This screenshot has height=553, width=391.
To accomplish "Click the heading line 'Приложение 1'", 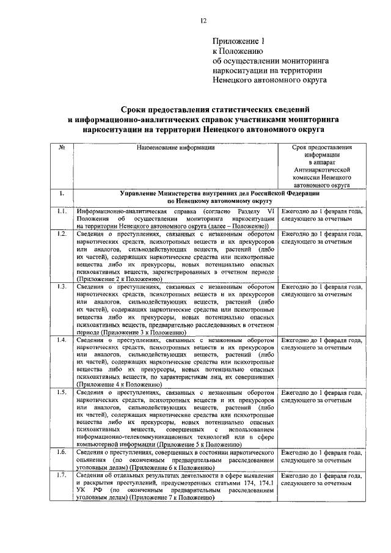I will (x=239, y=42).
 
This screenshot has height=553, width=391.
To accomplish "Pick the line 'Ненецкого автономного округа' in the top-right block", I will (x=269, y=80).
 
